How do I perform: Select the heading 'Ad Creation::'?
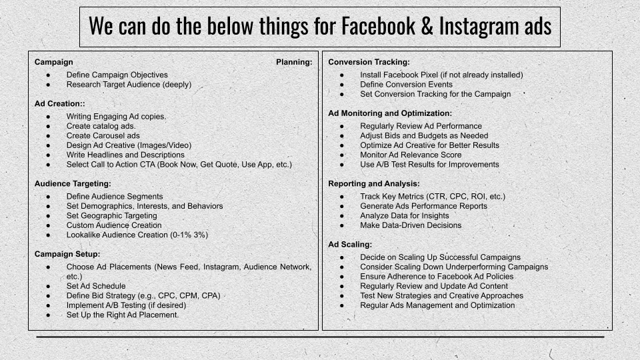[60, 104]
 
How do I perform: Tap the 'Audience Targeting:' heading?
[73, 183]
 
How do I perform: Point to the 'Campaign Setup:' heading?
[67, 254]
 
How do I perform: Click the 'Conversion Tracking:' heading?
[369, 62]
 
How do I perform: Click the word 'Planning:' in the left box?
[294, 62]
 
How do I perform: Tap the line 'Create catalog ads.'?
[101, 126]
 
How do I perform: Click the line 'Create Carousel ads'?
[102, 135]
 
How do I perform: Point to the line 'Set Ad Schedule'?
[96, 286]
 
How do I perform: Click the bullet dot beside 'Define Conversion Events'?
[342, 85]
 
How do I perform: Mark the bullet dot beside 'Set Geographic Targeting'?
[49, 216]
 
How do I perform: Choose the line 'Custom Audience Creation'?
[114, 225]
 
